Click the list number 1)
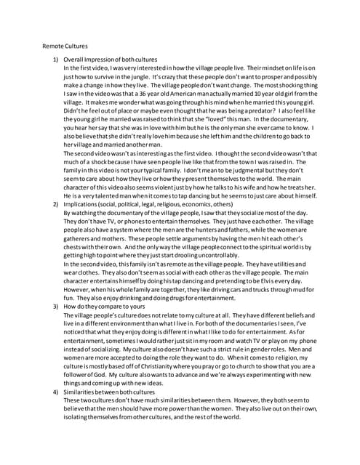point(55,59)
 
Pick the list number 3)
point(55,307)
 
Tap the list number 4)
point(55,391)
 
